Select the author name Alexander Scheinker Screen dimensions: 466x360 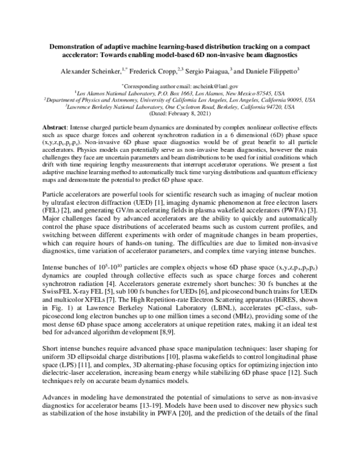[87, 71]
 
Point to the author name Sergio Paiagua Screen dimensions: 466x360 [210, 71]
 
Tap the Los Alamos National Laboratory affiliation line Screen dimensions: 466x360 [180, 94]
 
